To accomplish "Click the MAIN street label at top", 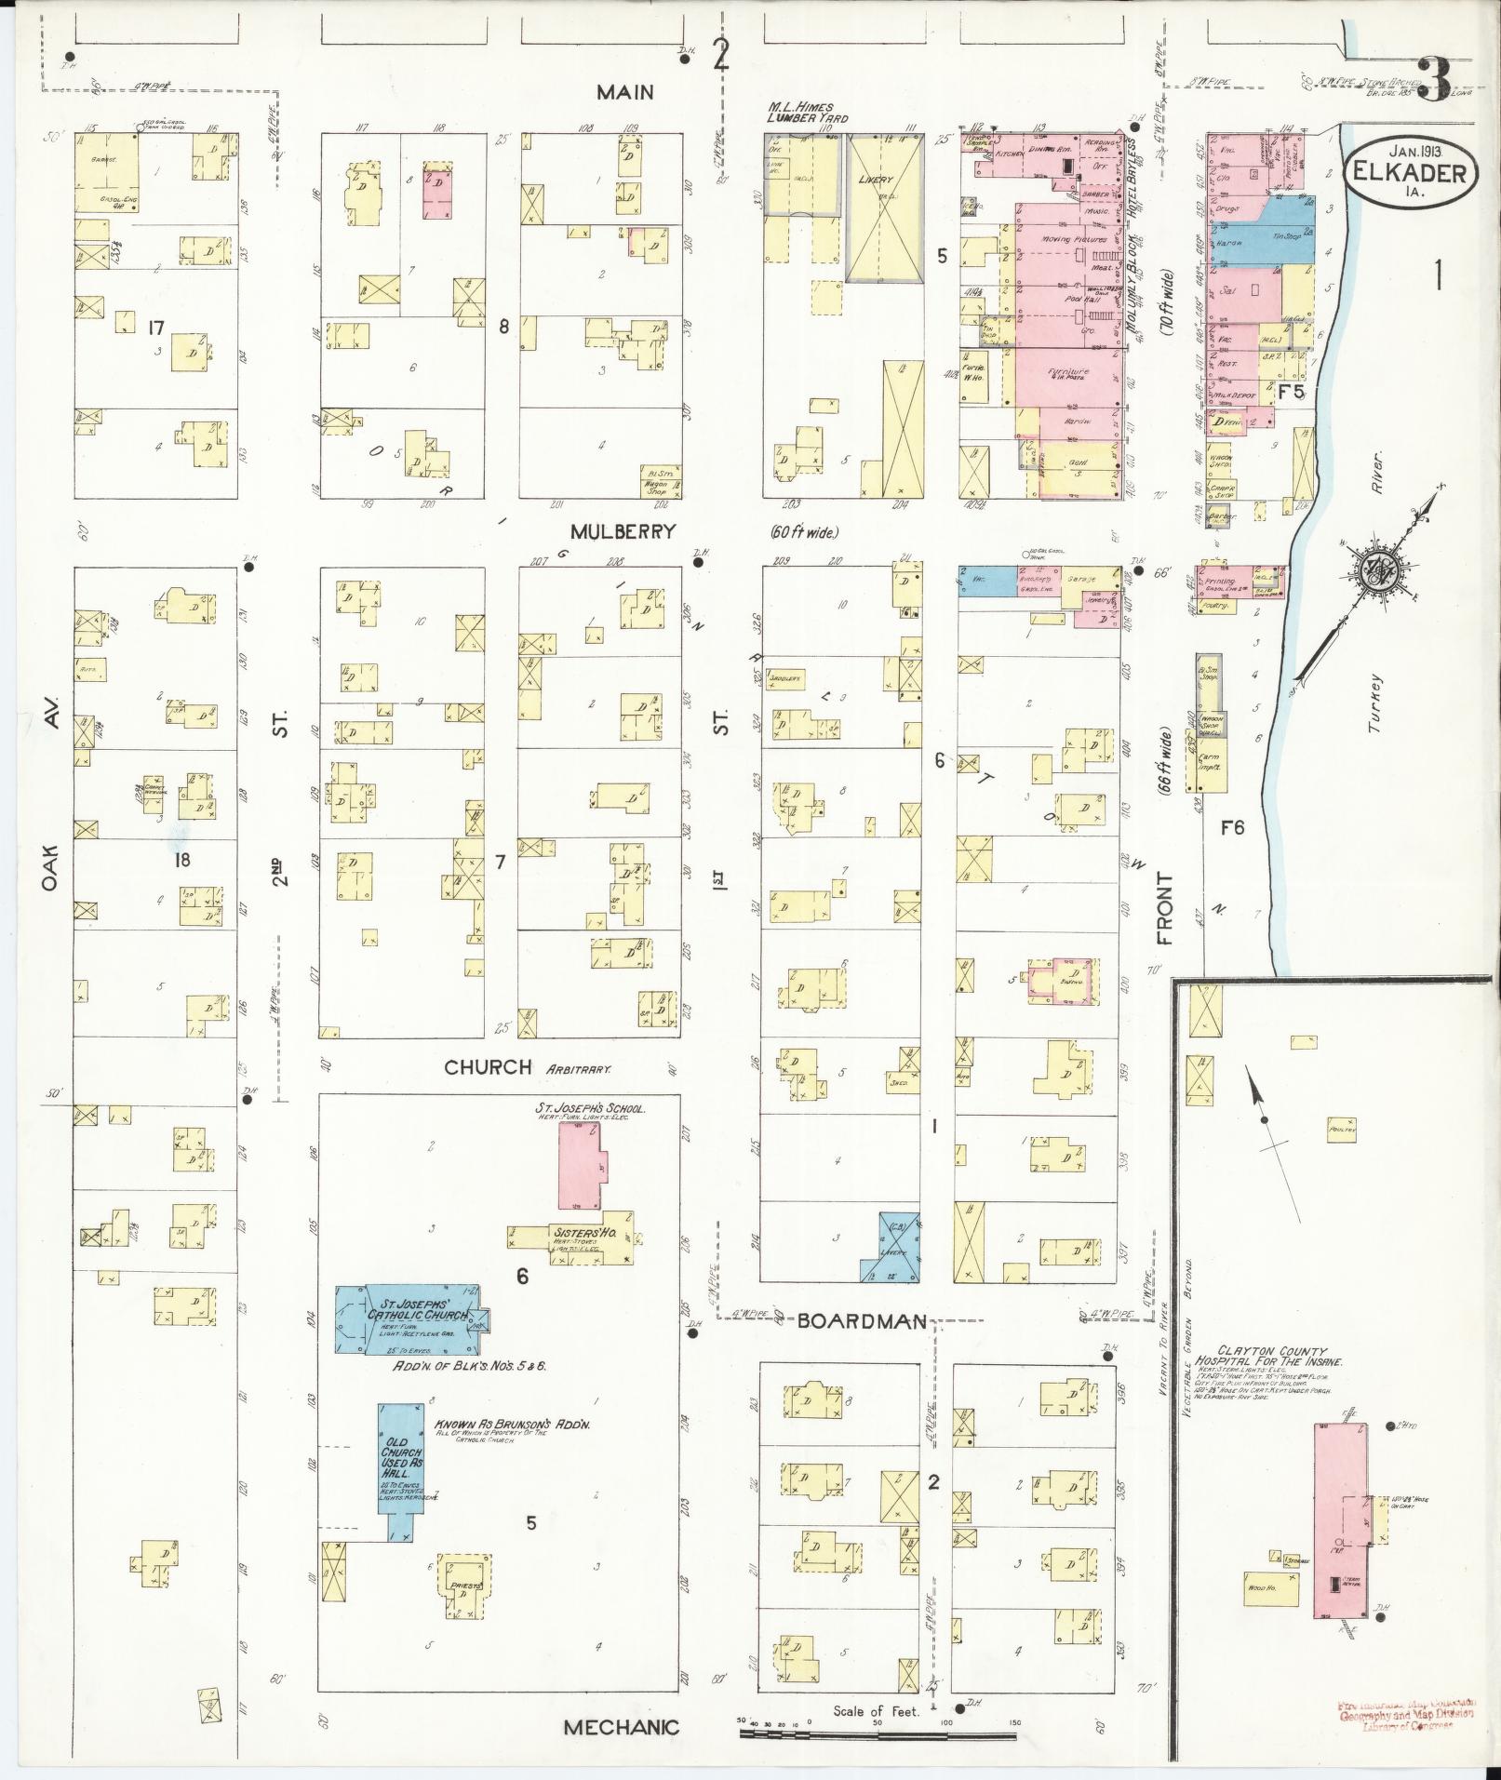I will (625, 91).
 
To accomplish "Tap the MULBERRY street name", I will (623, 531).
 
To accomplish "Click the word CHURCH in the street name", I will (488, 1067).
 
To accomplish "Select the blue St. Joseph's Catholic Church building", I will (409, 1318).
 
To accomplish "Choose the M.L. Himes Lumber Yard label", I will (807, 112).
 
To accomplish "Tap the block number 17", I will (155, 327).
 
